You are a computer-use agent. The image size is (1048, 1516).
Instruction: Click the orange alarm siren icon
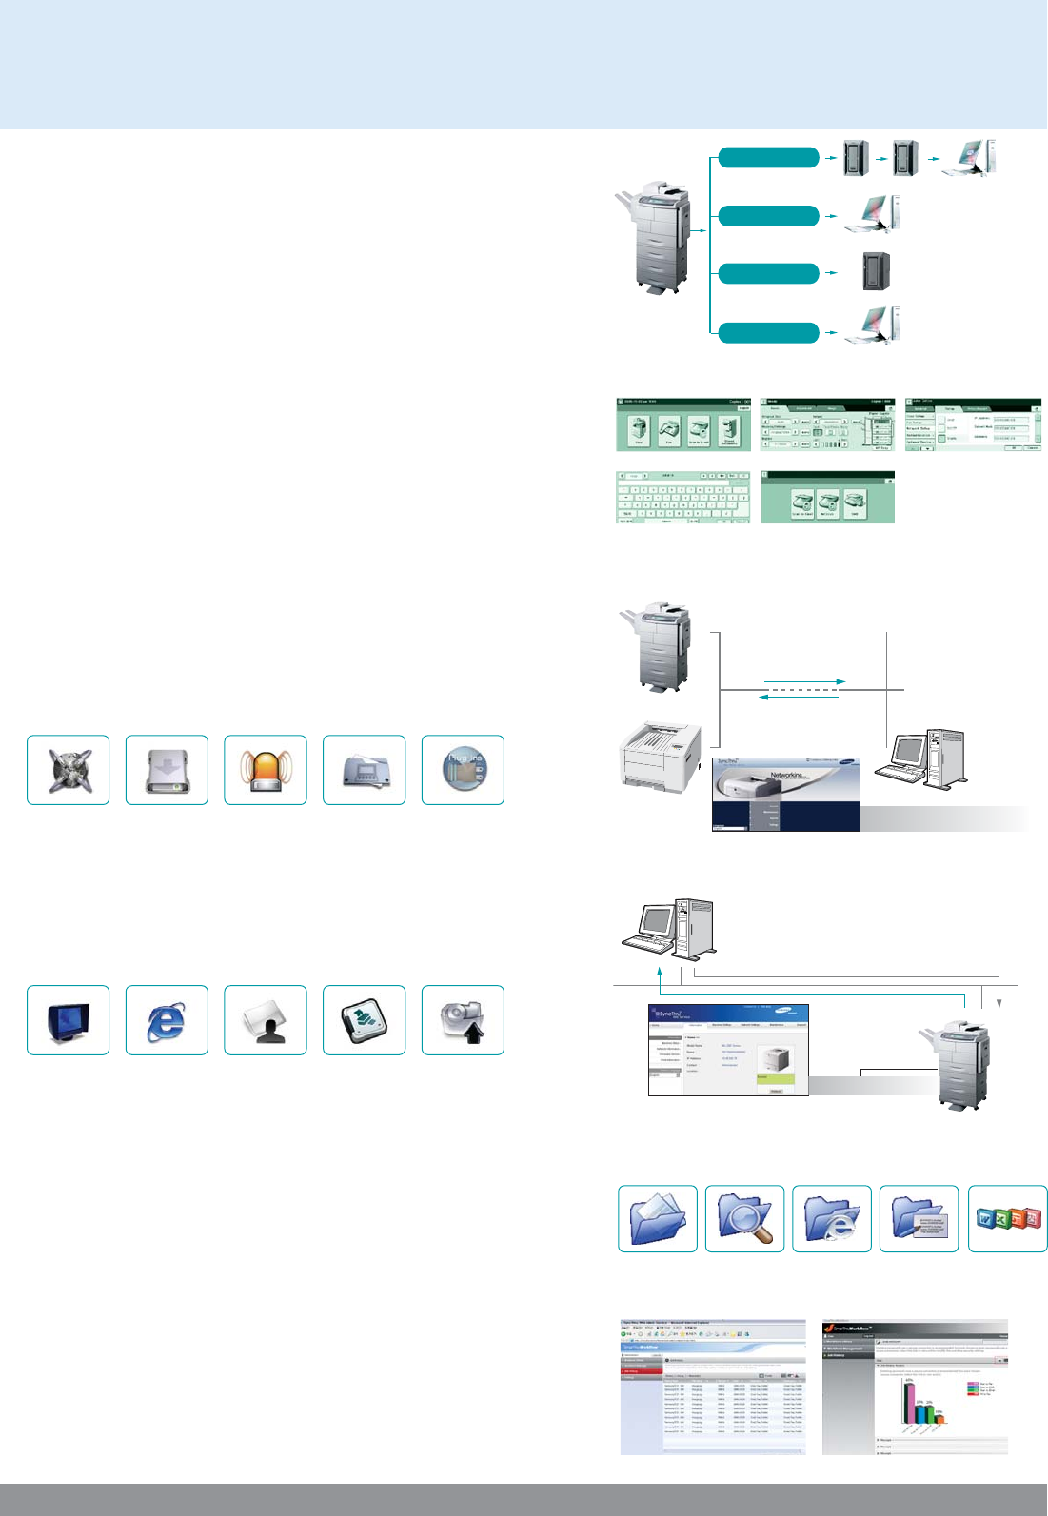click(266, 770)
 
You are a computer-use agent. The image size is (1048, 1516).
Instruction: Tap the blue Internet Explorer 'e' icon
click(167, 1020)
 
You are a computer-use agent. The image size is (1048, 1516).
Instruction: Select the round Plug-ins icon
click(463, 770)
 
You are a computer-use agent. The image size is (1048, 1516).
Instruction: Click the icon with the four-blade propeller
click(68, 770)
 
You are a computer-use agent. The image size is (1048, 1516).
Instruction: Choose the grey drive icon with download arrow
click(167, 770)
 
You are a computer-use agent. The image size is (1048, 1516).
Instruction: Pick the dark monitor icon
click(68, 1020)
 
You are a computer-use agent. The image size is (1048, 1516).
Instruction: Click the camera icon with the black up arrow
click(463, 1020)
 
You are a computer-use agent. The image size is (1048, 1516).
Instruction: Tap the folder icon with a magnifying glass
click(744, 1218)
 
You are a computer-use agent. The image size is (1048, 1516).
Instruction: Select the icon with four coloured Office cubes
click(1007, 1218)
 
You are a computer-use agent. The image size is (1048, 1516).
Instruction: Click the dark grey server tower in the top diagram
click(876, 271)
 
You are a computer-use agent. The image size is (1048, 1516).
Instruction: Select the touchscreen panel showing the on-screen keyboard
click(682, 497)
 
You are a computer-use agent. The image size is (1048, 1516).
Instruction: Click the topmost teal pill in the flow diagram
click(768, 158)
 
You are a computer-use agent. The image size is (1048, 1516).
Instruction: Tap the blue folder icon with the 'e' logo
click(832, 1218)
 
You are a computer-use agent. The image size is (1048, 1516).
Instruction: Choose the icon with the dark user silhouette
click(266, 1020)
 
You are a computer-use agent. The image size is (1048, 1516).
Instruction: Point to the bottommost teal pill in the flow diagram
click(768, 333)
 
